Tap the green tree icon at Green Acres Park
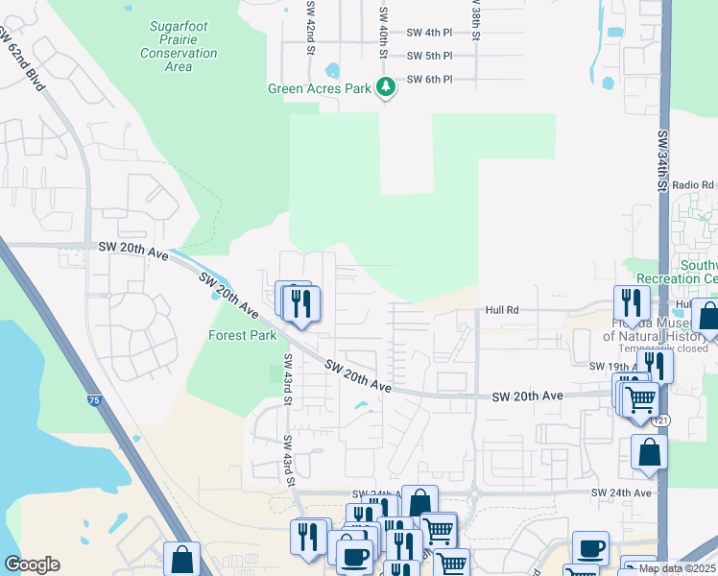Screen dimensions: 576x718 (x=386, y=88)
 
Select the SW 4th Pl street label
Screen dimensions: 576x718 (x=429, y=33)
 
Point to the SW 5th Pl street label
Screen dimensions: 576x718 (x=429, y=56)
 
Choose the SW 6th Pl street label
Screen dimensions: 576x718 (x=429, y=79)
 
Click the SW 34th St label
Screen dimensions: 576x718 (x=662, y=149)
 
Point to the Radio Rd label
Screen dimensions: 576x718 (x=693, y=184)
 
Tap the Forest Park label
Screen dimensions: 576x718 (x=243, y=335)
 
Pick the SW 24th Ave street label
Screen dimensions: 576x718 (x=621, y=492)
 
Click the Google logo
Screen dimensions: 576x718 (x=32, y=564)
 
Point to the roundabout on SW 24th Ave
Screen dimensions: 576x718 (x=475, y=494)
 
